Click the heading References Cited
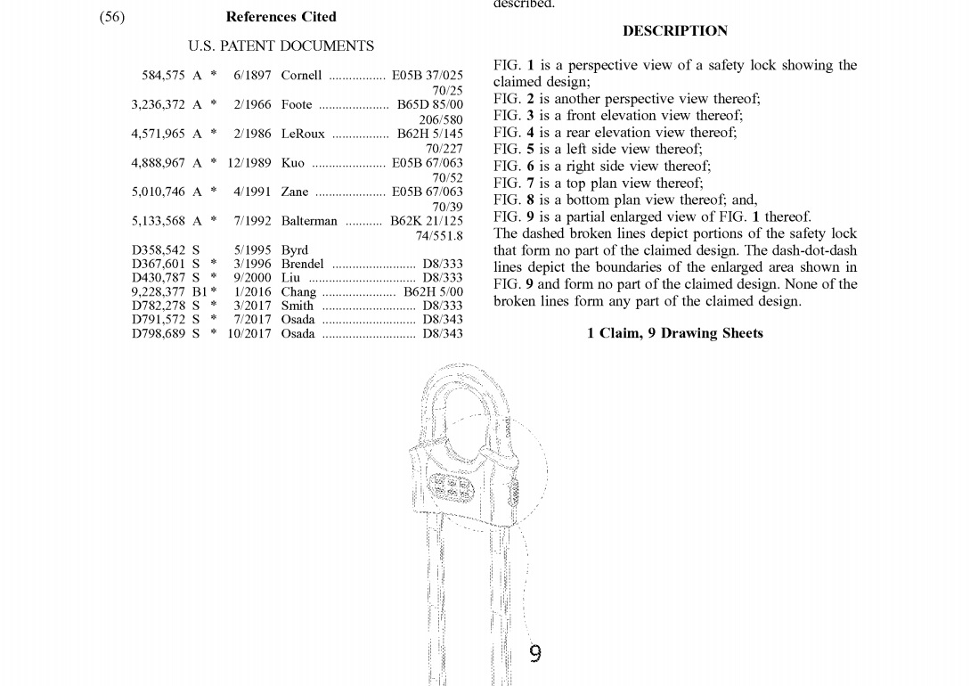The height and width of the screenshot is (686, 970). pos(281,17)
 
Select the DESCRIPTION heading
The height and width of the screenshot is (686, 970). pos(674,31)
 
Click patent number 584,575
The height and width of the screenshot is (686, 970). pos(163,76)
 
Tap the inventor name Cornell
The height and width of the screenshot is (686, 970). pos(301,76)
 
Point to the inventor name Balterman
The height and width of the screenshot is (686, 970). pos(309,221)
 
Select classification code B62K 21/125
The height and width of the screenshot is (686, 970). pos(427,221)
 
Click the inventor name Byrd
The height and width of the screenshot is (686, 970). pos(295,250)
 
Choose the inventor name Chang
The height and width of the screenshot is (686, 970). pos(298,292)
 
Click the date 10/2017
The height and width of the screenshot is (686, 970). pos(249,334)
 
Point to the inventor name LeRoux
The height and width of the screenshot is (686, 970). pos(303,135)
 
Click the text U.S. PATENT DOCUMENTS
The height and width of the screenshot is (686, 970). pos(281,45)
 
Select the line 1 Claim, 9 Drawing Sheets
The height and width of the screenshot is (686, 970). pos(674,333)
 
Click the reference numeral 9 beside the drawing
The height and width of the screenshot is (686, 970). pos(534,654)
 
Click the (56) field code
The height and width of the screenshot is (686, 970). pos(112,17)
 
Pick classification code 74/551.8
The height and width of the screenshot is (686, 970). pos(439,235)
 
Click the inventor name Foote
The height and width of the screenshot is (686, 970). pos(297,104)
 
